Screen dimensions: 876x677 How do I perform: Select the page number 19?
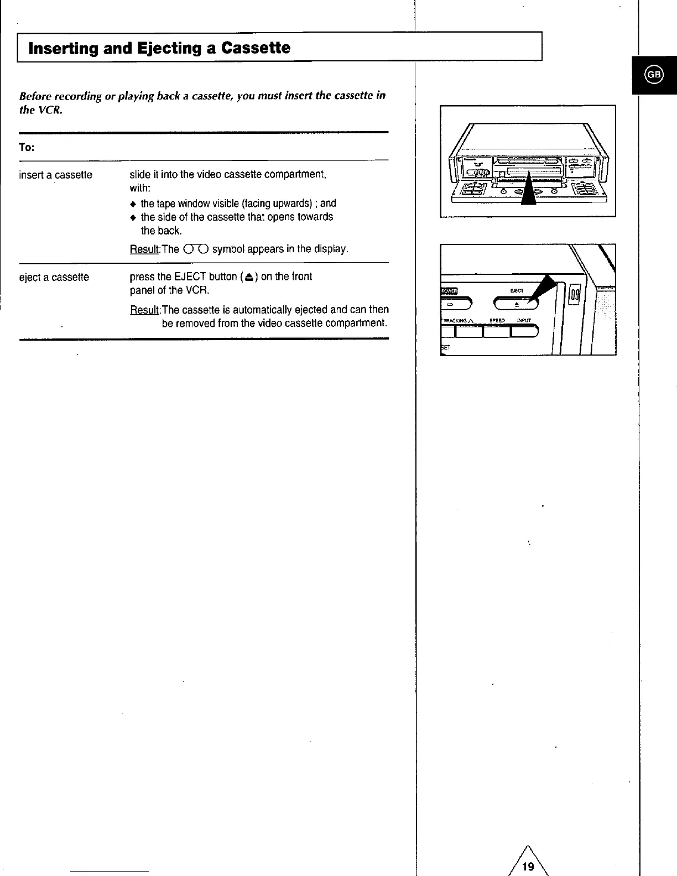point(528,866)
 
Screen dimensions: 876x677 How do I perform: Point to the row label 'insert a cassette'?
point(55,175)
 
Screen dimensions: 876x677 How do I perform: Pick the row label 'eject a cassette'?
point(54,277)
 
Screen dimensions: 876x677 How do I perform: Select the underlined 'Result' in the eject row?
point(144,310)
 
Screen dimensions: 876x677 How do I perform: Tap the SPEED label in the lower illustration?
point(497,320)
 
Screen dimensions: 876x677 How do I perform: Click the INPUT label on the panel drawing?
point(523,320)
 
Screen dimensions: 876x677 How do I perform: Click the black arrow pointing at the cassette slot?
point(529,191)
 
